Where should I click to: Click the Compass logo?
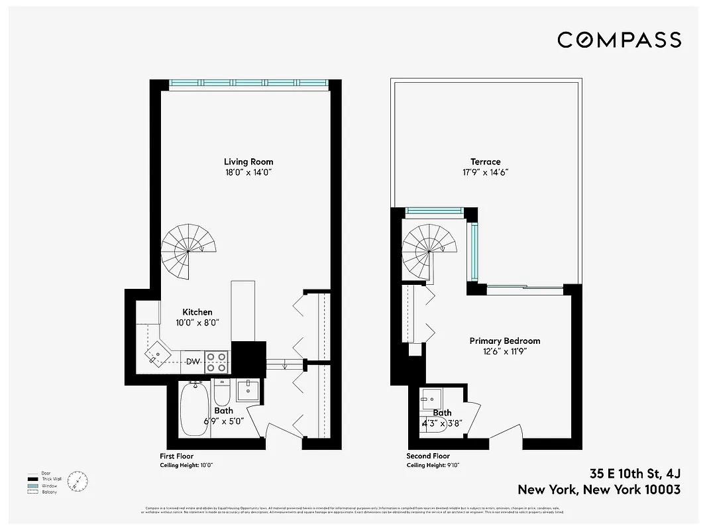tap(619, 40)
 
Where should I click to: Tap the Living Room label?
tap(248, 162)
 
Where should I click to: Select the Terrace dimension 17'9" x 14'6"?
tap(486, 172)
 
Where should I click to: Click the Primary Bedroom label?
tap(505, 341)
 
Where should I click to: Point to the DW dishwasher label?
tap(192, 361)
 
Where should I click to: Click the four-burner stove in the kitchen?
tap(217, 361)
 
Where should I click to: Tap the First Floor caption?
tap(176, 456)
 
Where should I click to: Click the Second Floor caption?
tap(428, 456)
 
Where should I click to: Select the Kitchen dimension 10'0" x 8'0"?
tap(197, 323)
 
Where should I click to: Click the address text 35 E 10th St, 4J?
tap(635, 474)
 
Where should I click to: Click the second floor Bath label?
tap(442, 413)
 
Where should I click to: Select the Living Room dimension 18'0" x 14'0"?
tap(248, 172)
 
